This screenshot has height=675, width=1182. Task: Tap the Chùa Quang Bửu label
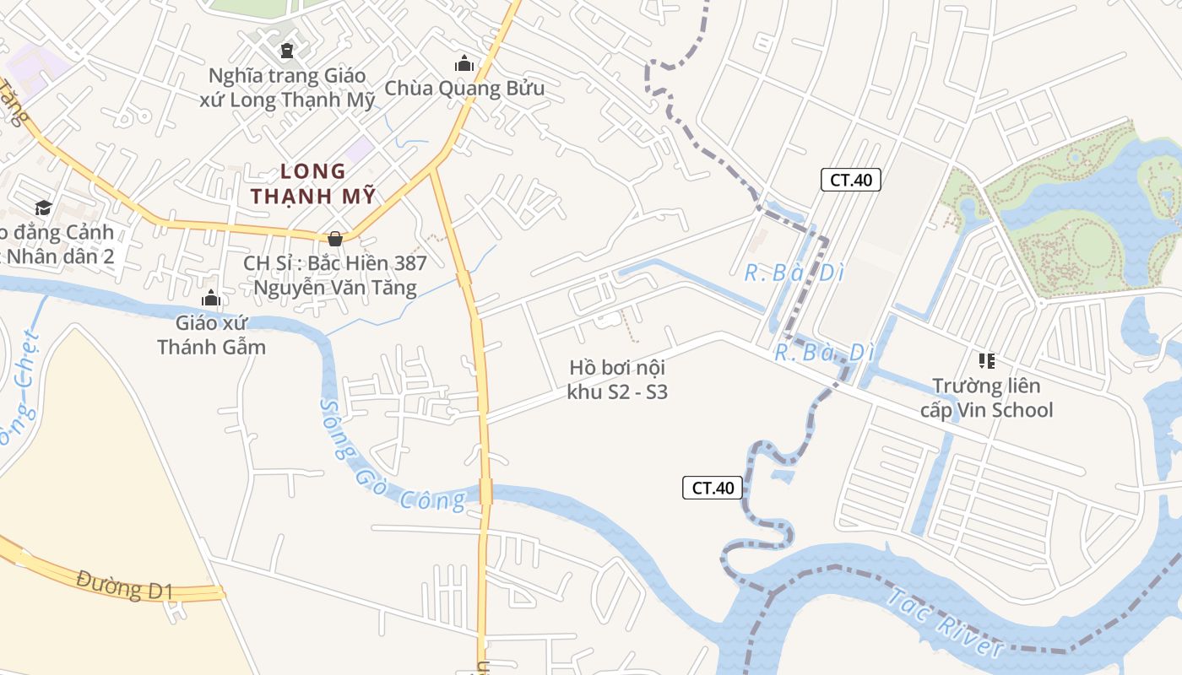(464, 88)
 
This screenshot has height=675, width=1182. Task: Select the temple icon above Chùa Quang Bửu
(464, 63)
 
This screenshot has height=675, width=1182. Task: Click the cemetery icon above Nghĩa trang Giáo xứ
(287, 50)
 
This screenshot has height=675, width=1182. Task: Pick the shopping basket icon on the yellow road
(335, 239)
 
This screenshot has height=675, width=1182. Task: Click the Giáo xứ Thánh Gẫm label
(211, 334)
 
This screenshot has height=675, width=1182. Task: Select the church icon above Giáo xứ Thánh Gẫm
(211, 298)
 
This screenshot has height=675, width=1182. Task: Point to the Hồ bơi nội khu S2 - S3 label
(618, 380)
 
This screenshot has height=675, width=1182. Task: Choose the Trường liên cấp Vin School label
(986, 398)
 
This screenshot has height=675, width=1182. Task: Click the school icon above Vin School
(986, 361)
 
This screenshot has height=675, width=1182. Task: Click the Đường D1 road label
(124, 585)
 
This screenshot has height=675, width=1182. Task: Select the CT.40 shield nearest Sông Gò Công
(713, 488)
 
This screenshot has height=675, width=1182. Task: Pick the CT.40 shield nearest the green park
(851, 180)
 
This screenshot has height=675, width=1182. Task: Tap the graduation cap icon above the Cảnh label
(42, 208)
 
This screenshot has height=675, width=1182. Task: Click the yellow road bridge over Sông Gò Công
(485, 490)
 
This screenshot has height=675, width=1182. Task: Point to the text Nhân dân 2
(59, 256)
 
